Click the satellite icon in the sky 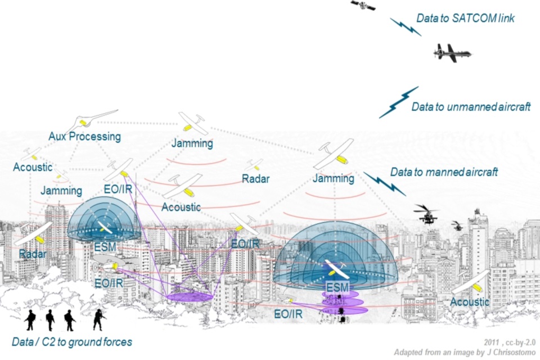(x=363, y=6)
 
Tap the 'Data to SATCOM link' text (x=465, y=19)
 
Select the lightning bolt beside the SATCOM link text (x=405, y=26)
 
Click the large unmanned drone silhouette (x=452, y=53)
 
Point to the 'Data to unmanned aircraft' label (x=471, y=106)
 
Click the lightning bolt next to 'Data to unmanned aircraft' (x=399, y=102)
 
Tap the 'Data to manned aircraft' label (x=444, y=172)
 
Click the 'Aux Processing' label (x=84, y=136)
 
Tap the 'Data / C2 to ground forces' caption (x=72, y=341)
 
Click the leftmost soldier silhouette (x=30, y=319)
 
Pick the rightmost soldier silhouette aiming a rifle (x=99, y=319)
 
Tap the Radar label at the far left (x=32, y=254)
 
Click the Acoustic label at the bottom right (x=470, y=302)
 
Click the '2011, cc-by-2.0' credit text (x=508, y=342)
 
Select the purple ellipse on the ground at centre (x=189, y=296)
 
